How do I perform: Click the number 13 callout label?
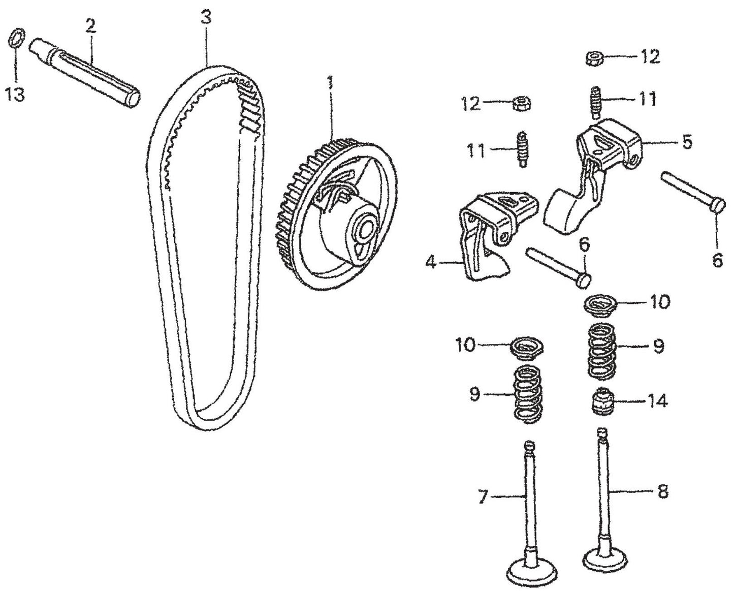tap(15, 94)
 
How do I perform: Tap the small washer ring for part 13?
tap(16, 39)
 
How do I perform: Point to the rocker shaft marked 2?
tap(86, 71)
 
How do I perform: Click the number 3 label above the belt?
tap(205, 19)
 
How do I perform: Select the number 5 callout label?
tap(687, 142)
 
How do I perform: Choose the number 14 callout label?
tap(657, 401)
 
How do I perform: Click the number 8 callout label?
tap(662, 492)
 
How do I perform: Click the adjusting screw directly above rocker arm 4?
tap(520, 150)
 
